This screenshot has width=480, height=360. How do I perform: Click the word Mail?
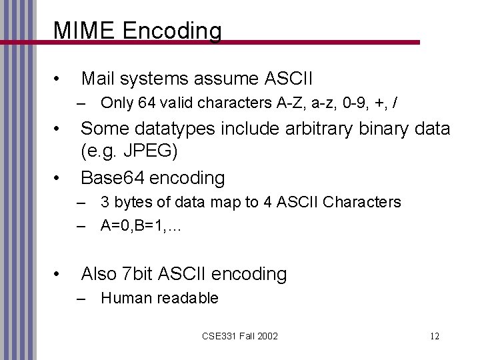(x=97, y=79)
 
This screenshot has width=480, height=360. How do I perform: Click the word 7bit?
(x=139, y=273)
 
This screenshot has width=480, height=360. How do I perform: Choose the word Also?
(x=99, y=273)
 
